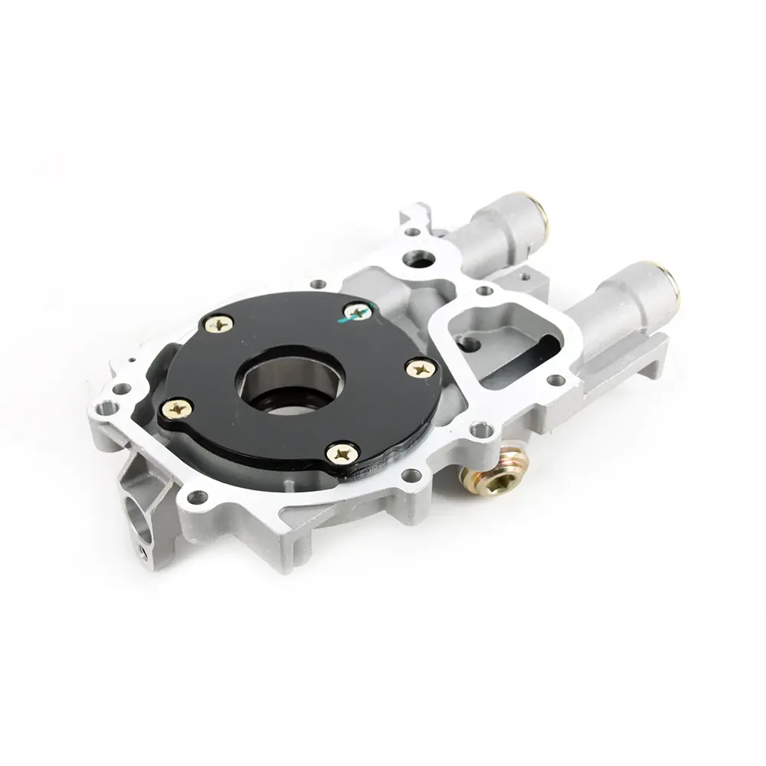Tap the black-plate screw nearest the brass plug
342,453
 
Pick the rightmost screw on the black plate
421,368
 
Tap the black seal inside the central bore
285,402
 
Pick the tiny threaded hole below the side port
142,548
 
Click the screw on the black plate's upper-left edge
220,325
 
